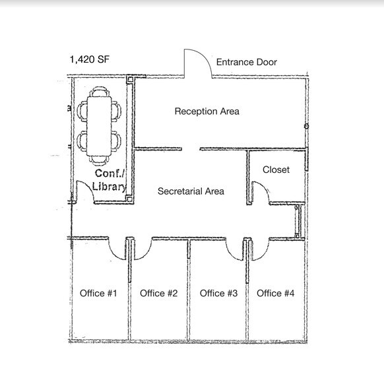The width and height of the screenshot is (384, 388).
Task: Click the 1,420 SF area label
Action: click(x=89, y=59)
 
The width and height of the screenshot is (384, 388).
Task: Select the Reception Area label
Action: click(x=207, y=112)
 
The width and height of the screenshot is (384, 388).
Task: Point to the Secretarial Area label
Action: click(x=191, y=191)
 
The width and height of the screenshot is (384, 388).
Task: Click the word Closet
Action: click(x=276, y=170)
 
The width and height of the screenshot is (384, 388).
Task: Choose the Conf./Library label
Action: click(x=110, y=180)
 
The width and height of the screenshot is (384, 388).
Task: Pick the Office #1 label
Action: click(x=98, y=293)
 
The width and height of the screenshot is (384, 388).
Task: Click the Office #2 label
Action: click(x=159, y=293)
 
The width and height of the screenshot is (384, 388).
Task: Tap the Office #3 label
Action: click(x=218, y=293)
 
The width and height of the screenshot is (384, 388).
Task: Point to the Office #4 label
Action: click(x=275, y=293)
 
